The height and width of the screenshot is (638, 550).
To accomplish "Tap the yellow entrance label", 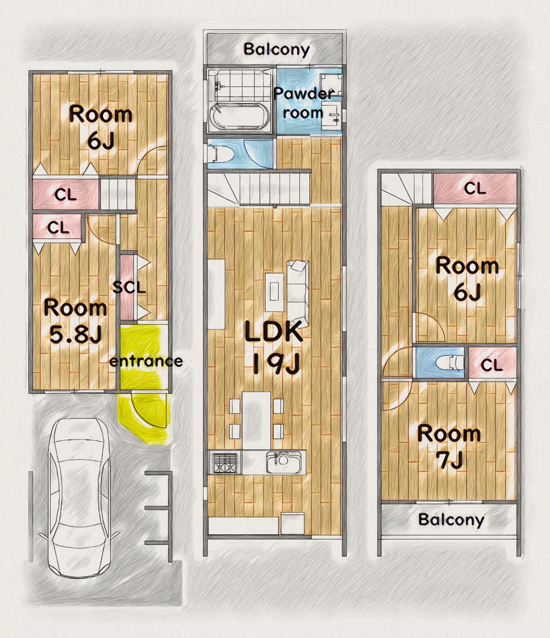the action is tap(146, 361).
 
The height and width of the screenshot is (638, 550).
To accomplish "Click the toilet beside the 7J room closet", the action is tap(450, 362).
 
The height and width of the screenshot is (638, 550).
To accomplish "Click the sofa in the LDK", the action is tap(298, 294).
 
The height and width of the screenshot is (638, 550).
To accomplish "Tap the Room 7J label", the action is tap(449, 447).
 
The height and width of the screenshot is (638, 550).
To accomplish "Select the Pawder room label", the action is tap(304, 103).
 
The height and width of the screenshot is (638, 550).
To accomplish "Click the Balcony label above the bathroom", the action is tap(276, 50).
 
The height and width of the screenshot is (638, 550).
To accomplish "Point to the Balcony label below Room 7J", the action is tap(451, 520).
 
